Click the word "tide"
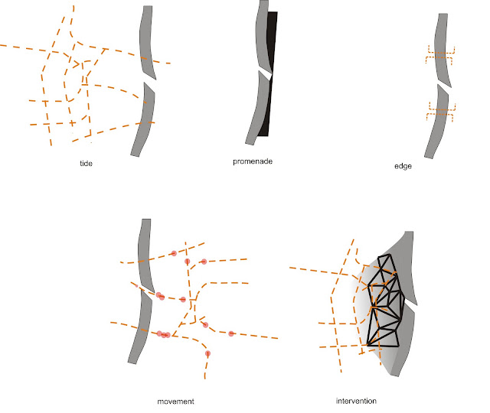pos(86,163)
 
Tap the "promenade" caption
pos(253,161)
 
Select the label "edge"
pos(403,166)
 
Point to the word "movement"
pos(175,402)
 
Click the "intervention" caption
pos(356,401)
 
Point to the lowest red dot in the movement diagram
pos(207,353)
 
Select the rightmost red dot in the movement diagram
pos(231,333)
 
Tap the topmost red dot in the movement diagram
pos(174,253)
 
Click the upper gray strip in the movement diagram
pos(145,255)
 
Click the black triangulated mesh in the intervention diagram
pos(384,301)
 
